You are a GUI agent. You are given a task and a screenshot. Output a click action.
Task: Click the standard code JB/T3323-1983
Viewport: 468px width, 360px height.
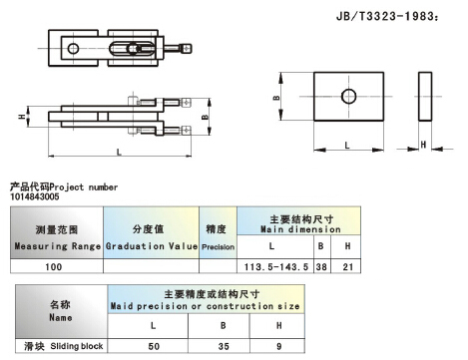click(387, 16)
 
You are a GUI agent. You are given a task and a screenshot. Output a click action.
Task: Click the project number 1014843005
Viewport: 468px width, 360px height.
click(35, 196)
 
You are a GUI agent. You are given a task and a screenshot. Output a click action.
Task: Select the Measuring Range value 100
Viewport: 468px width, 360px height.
click(54, 266)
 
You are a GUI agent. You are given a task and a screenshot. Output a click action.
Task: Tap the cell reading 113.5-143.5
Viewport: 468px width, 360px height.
click(276, 266)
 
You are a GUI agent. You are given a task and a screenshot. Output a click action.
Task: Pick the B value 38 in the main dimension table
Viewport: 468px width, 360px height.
click(321, 266)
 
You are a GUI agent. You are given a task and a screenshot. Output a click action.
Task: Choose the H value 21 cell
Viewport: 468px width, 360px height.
click(348, 266)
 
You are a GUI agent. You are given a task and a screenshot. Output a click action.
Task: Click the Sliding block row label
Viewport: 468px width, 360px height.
click(64, 346)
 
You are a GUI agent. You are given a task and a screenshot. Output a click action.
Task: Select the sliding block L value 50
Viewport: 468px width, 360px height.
click(154, 346)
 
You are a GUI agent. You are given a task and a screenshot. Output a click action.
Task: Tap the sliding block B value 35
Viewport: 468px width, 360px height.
click(224, 346)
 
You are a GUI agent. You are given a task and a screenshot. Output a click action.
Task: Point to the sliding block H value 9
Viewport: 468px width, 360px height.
click(279, 346)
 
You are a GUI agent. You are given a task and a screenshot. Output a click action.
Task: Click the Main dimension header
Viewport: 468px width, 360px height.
click(300, 224)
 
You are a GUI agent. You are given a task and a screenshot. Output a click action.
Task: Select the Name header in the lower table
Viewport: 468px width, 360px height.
click(61, 311)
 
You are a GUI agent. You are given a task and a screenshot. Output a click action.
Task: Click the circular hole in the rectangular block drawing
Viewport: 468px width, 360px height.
click(348, 97)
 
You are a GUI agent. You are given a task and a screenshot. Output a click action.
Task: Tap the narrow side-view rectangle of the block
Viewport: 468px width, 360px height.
click(425, 97)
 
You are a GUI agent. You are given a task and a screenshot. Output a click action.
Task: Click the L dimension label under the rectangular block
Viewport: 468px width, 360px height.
click(347, 146)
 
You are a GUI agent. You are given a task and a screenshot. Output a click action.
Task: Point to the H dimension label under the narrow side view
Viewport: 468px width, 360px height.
click(423, 145)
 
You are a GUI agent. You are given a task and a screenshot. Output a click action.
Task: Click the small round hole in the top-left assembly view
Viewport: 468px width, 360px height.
click(73, 49)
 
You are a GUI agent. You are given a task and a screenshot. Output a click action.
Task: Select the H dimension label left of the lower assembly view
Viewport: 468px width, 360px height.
click(22, 117)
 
